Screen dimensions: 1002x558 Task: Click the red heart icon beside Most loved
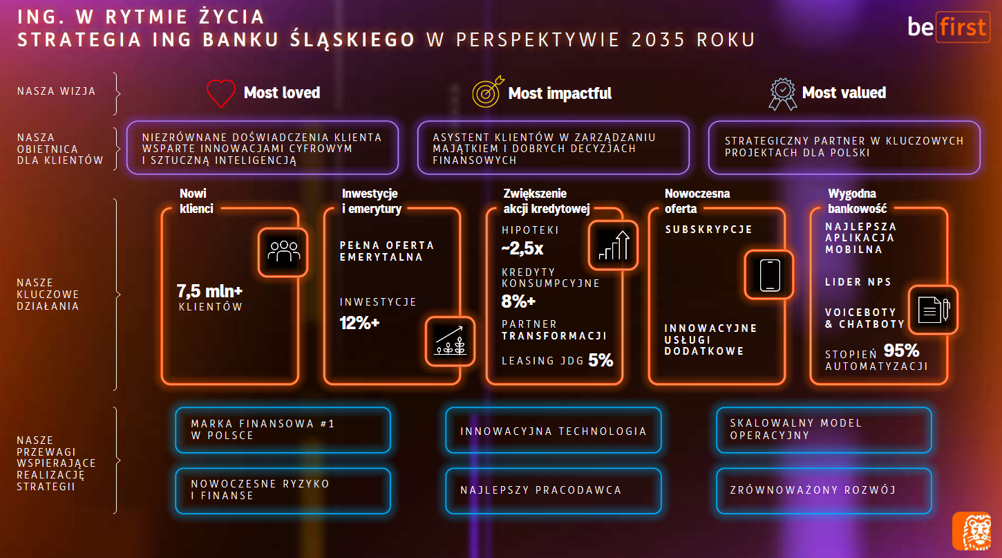point(220,93)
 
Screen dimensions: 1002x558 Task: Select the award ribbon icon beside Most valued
point(782,93)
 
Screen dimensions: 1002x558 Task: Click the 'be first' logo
point(949,27)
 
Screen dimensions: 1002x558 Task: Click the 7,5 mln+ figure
point(209,291)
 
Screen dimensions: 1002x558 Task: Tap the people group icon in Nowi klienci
point(283,252)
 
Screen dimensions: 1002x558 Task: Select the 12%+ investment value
point(359,323)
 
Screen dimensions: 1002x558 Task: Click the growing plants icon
point(450,341)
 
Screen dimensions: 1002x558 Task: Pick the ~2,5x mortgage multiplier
point(522,248)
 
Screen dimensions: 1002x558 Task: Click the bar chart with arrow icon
point(613,245)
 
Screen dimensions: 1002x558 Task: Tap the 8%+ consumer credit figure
point(518,301)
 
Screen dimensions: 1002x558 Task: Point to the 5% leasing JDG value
point(601,360)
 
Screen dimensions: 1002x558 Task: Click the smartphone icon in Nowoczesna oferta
point(769,275)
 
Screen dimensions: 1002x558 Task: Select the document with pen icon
point(933,310)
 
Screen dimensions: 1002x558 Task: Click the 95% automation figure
point(901,351)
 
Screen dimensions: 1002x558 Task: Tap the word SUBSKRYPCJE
point(708,230)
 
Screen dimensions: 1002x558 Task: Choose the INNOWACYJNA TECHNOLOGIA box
point(554,431)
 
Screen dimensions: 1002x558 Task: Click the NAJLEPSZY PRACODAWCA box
point(554,491)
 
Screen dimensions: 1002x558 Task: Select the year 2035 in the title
point(659,40)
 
